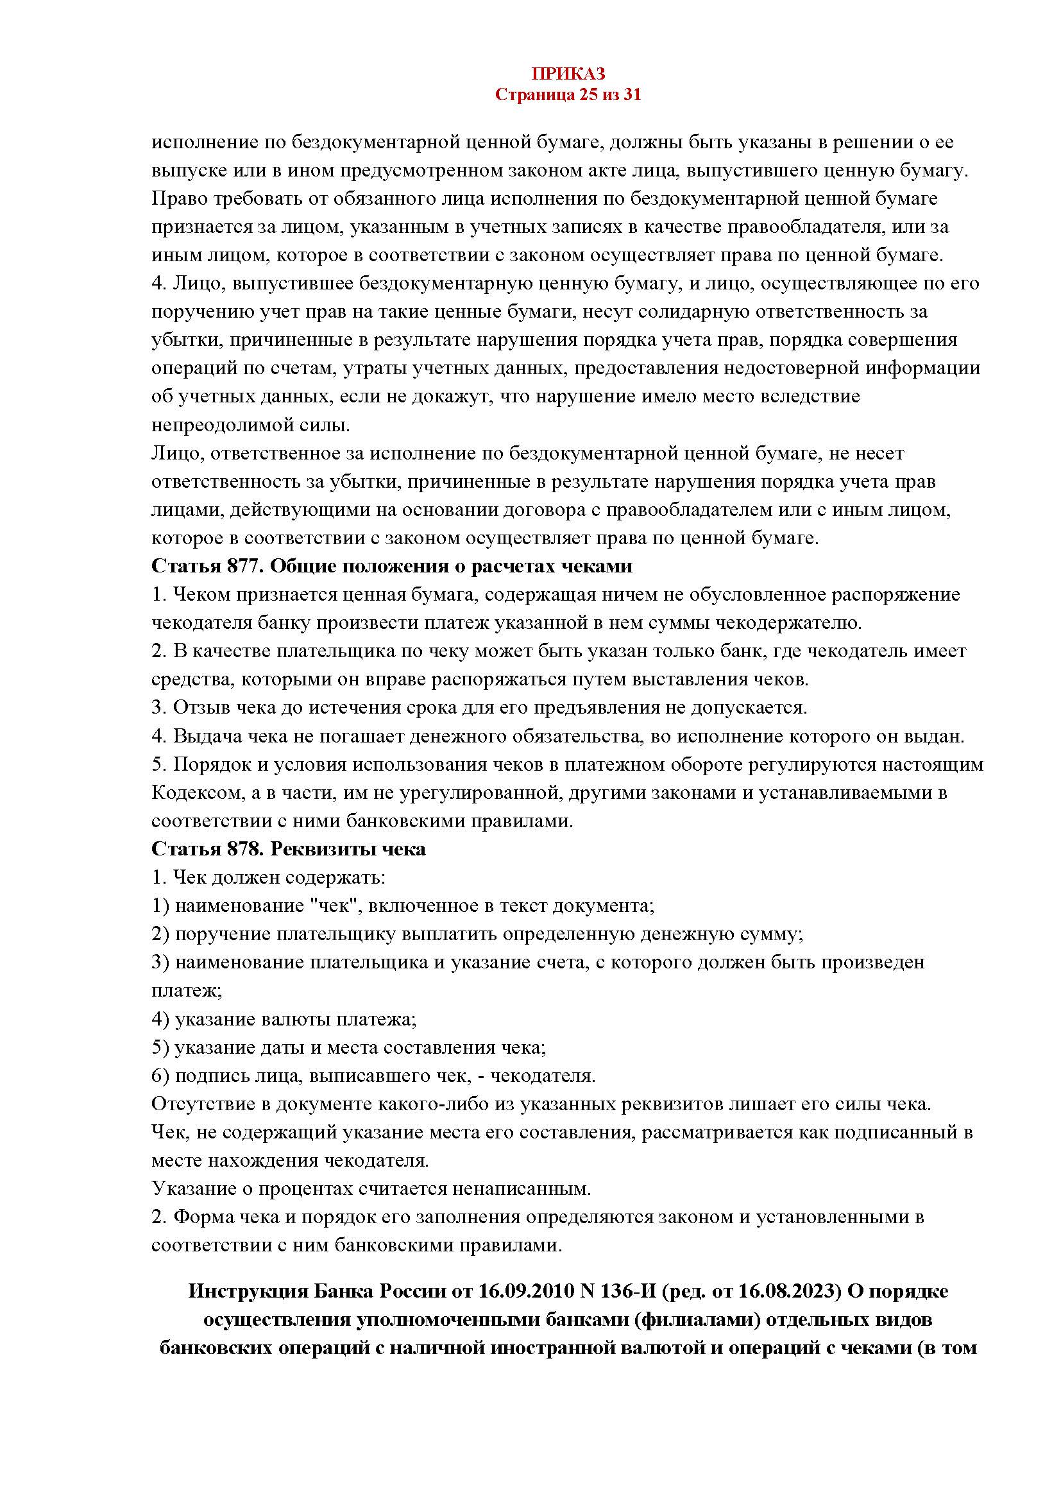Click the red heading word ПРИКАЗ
click(x=567, y=73)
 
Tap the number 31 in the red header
click(x=632, y=95)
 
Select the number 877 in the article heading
click(x=245, y=566)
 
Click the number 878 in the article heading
click(x=245, y=849)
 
